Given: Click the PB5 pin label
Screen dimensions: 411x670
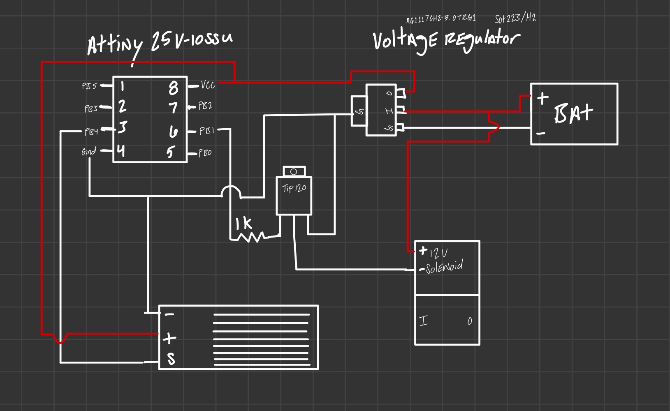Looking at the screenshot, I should pyautogui.click(x=89, y=86).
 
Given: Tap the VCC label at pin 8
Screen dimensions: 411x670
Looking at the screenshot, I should pyautogui.click(x=208, y=85).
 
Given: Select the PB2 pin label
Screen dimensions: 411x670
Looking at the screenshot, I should pyautogui.click(x=205, y=106).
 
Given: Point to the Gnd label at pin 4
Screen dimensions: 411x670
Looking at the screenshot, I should pyautogui.click(x=89, y=152).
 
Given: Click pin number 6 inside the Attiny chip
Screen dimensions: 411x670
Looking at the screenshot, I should pyautogui.click(x=173, y=132).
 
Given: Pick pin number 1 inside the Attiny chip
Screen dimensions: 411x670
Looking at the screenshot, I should pyautogui.click(x=123, y=86).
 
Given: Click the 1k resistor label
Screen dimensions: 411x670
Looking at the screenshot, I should pyautogui.click(x=243, y=224).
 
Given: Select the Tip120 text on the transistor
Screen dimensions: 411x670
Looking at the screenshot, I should pyautogui.click(x=294, y=188).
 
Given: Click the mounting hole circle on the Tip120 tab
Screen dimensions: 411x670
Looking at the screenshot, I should pyautogui.click(x=294, y=172).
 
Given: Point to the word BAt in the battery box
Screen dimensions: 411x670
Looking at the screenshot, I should pyautogui.click(x=573, y=113).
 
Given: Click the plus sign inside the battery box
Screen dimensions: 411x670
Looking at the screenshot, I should pyautogui.click(x=542, y=98).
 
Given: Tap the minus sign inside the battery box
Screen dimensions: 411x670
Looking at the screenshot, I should pyautogui.click(x=541, y=134).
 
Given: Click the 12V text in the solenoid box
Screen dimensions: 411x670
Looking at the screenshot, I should pyautogui.click(x=438, y=252).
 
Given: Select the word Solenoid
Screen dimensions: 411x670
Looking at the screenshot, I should pyautogui.click(x=444, y=267).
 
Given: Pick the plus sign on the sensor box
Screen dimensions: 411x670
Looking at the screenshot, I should pyautogui.click(x=169, y=338).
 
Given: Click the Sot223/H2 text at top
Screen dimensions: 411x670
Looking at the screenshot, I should pyautogui.click(x=515, y=18).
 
